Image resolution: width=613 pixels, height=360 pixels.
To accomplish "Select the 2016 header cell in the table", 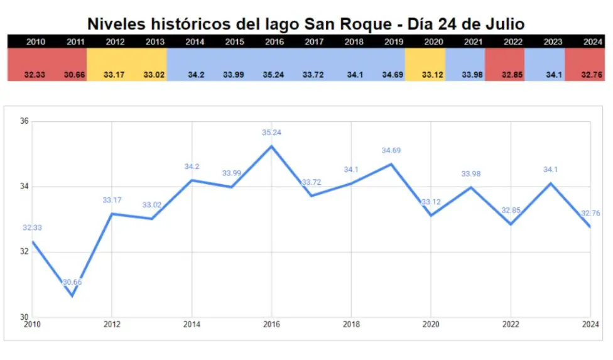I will tap(274, 41).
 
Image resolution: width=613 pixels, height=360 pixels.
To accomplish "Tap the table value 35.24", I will tap(274, 75).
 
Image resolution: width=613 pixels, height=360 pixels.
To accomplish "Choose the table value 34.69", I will tap(394, 75).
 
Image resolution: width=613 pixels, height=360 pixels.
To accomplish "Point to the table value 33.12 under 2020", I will tap(434, 75).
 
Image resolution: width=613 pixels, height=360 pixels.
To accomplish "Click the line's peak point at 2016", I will tap(271, 146).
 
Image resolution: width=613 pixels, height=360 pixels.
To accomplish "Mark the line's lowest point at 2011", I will tap(72, 296).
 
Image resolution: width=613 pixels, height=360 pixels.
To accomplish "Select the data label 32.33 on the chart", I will tap(32, 228).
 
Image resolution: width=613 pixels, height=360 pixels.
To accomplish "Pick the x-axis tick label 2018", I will tap(351, 325).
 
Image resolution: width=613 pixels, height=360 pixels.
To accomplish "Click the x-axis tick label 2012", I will tap(111, 325).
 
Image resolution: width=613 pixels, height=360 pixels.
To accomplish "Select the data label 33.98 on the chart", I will tap(470, 174).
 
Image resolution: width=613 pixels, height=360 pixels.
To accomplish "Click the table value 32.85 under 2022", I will tap(514, 75).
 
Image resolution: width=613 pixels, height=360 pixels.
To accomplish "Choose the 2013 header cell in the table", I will tap(155, 41).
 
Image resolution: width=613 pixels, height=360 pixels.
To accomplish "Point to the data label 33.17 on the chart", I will tap(112, 200).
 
